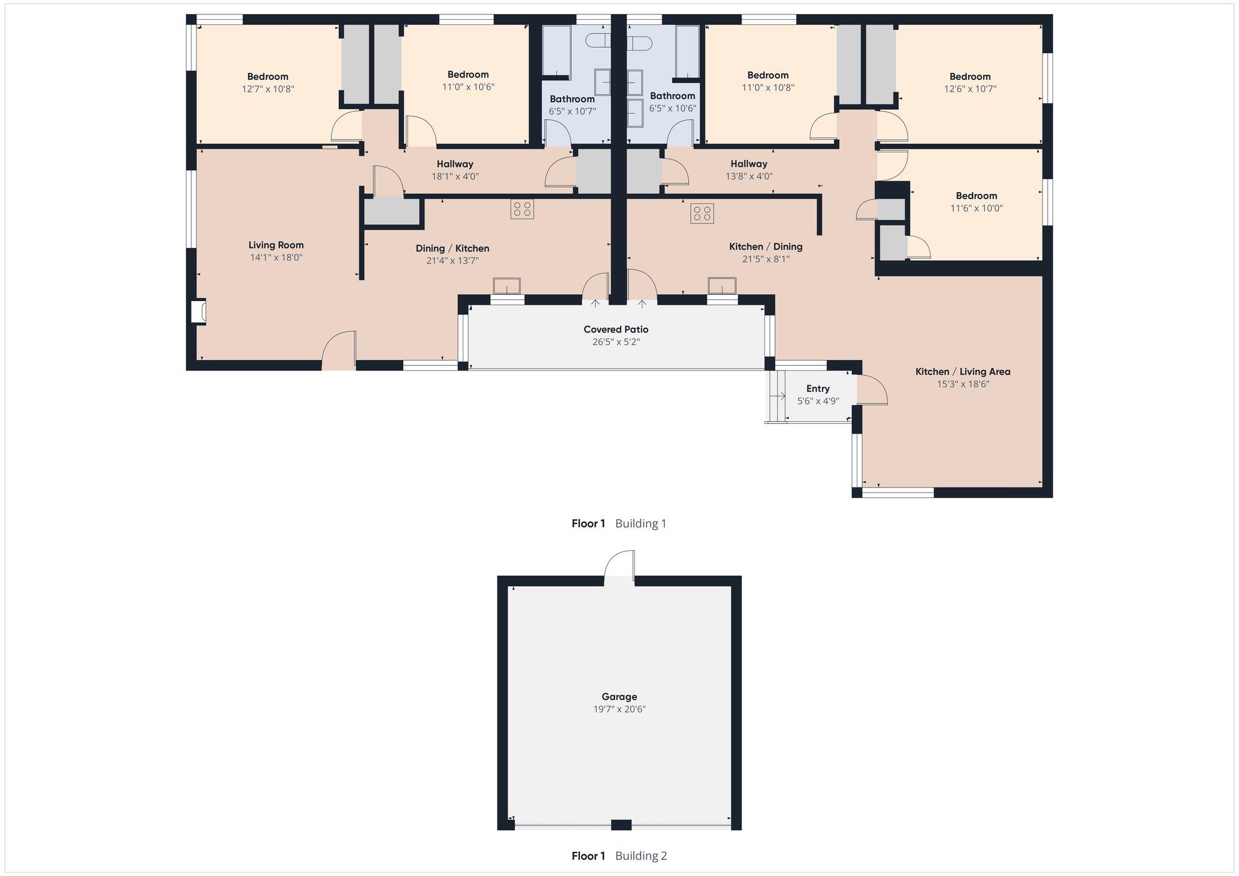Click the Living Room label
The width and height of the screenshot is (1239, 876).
(x=276, y=245)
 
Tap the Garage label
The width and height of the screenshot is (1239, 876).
(x=619, y=697)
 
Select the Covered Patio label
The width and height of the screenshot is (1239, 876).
(x=616, y=330)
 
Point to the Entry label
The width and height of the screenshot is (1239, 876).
(x=818, y=389)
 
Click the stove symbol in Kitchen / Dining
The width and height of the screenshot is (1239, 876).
(x=703, y=214)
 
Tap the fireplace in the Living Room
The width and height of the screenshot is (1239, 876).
(x=198, y=311)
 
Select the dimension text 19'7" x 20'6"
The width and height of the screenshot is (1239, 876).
(x=619, y=709)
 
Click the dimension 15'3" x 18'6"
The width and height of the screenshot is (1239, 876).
(x=963, y=384)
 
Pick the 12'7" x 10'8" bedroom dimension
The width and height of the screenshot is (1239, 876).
(x=268, y=89)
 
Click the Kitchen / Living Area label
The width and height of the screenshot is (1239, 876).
(x=963, y=372)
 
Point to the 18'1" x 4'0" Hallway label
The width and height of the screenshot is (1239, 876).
(x=455, y=164)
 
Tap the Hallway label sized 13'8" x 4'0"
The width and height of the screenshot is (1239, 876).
(x=748, y=164)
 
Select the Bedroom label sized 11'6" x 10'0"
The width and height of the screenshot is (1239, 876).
(x=976, y=196)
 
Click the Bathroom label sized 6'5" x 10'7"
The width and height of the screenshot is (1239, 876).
(x=572, y=99)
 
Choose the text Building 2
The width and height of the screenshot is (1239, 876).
(x=641, y=856)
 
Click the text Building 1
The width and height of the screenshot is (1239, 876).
(x=641, y=523)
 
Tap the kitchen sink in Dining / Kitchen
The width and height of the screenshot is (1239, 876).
(x=507, y=286)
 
